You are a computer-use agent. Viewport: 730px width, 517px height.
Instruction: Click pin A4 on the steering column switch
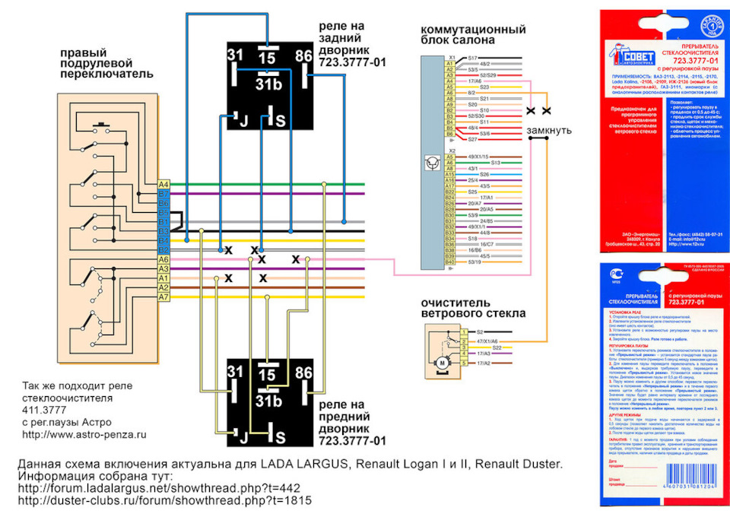[x=163, y=185]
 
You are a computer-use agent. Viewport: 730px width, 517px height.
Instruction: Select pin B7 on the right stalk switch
[x=163, y=195]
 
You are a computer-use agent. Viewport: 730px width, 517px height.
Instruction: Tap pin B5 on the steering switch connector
[x=163, y=213]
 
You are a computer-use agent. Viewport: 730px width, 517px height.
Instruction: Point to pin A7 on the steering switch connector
[x=163, y=297]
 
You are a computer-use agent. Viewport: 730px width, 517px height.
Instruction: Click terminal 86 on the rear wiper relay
[x=303, y=56]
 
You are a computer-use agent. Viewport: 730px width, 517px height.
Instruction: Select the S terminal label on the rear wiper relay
[x=281, y=121]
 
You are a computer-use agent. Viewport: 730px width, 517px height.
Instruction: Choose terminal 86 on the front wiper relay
[x=303, y=373]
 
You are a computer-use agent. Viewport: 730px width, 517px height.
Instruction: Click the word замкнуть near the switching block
[x=549, y=130]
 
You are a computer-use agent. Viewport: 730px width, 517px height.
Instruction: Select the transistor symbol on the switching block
[x=431, y=163]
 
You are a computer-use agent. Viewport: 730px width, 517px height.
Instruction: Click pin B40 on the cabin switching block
[x=449, y=262]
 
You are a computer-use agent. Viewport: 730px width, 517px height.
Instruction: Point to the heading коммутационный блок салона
[x=473, y=34]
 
